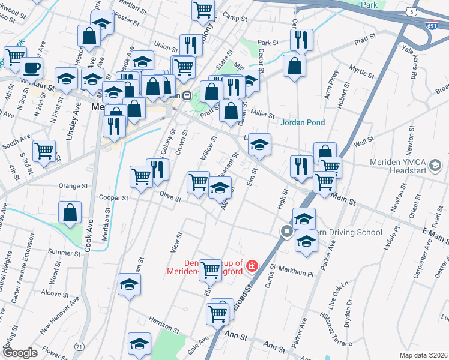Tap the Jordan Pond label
point(303,122)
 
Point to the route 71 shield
point(80,347)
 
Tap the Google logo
point(20,353)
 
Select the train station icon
point(187,95)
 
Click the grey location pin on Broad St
point(287,232)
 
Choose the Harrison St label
point(164,325)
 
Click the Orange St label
point(73,186)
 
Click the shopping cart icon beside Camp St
point(203,10)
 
